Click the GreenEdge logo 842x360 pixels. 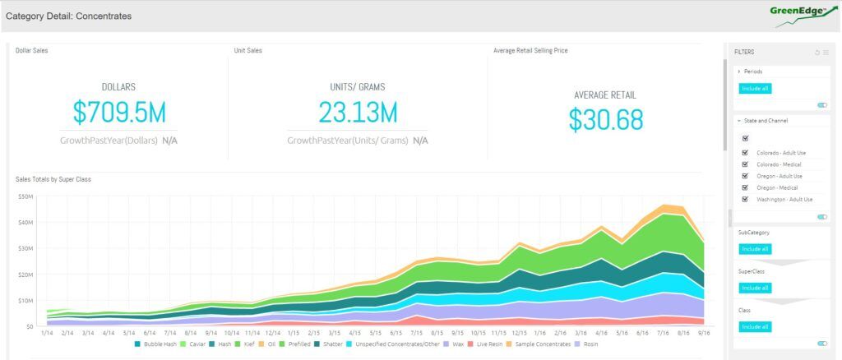pyautogui.click(x=799, y=14)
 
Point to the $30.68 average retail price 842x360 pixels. pyautogui.click(x=605, y=120)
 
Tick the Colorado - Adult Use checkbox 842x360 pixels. pyautogui.click(x=745, y=153)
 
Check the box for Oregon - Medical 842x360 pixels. pyautogui.click(x=745, y=187)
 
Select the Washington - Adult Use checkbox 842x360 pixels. pyautogui.click(x=745, y=199)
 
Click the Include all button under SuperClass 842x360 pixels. pyautogui.click(x=754, y=288)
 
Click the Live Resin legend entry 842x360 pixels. pyautogui.click(x=491, y=343)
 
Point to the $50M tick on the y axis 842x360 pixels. pyautogui.click(x=25, y=196)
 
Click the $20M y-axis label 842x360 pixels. pyautogui.click(x=25, y=275)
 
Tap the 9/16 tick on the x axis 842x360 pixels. pyautogui.click(x=704, y=333)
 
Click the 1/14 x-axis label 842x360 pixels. pyautogui.click(x=48, y=333)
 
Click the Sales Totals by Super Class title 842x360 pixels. pyautogui.click(x=53, y=178)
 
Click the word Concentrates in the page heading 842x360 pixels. pyautogui.click(x=103, y=16)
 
